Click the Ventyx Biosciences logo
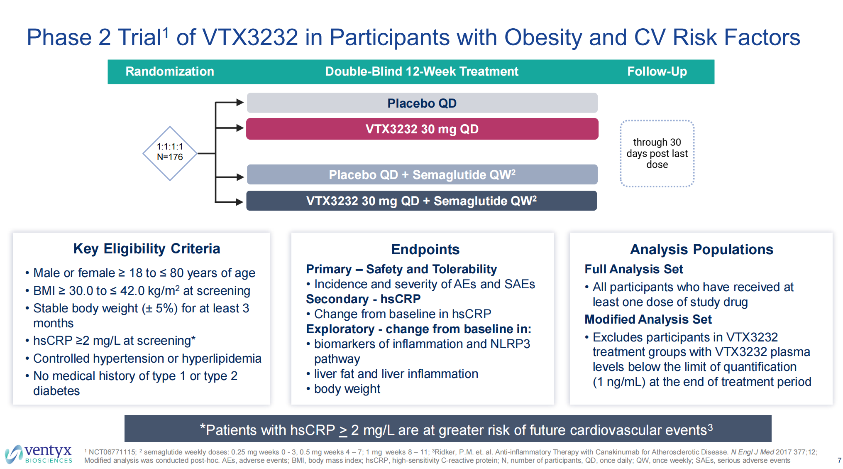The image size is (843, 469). (x=39, y=454)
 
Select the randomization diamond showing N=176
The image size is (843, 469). (x=170, y=153)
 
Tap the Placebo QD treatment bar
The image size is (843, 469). (x=422, y=103)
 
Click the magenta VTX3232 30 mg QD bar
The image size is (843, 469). (x=422, y=129)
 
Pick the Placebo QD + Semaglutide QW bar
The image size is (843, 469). (x=422, y=174)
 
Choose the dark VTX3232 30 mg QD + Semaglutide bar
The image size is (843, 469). (x=421, y=201)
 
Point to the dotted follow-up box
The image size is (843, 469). (x=657, y=153)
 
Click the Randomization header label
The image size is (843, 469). (x=170, y=71)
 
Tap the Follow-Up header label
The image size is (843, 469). (x=657, y=71)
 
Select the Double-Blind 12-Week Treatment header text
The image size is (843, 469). (x=422, y=71)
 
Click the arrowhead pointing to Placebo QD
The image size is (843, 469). (x=239, y=102)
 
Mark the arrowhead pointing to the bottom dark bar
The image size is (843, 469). (x=239, y=202)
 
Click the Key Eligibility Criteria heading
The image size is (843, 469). (x=147, y=248)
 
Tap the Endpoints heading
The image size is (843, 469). (x=425, y=249)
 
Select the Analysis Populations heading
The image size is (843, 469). (x=701, y=249)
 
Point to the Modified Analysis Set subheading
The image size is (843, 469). (x=648, y=319)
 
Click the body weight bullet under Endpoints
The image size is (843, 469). (x=347, y=389)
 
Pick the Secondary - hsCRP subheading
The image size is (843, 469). (x=363, y=299)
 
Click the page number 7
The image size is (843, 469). (x=839, y=460)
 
